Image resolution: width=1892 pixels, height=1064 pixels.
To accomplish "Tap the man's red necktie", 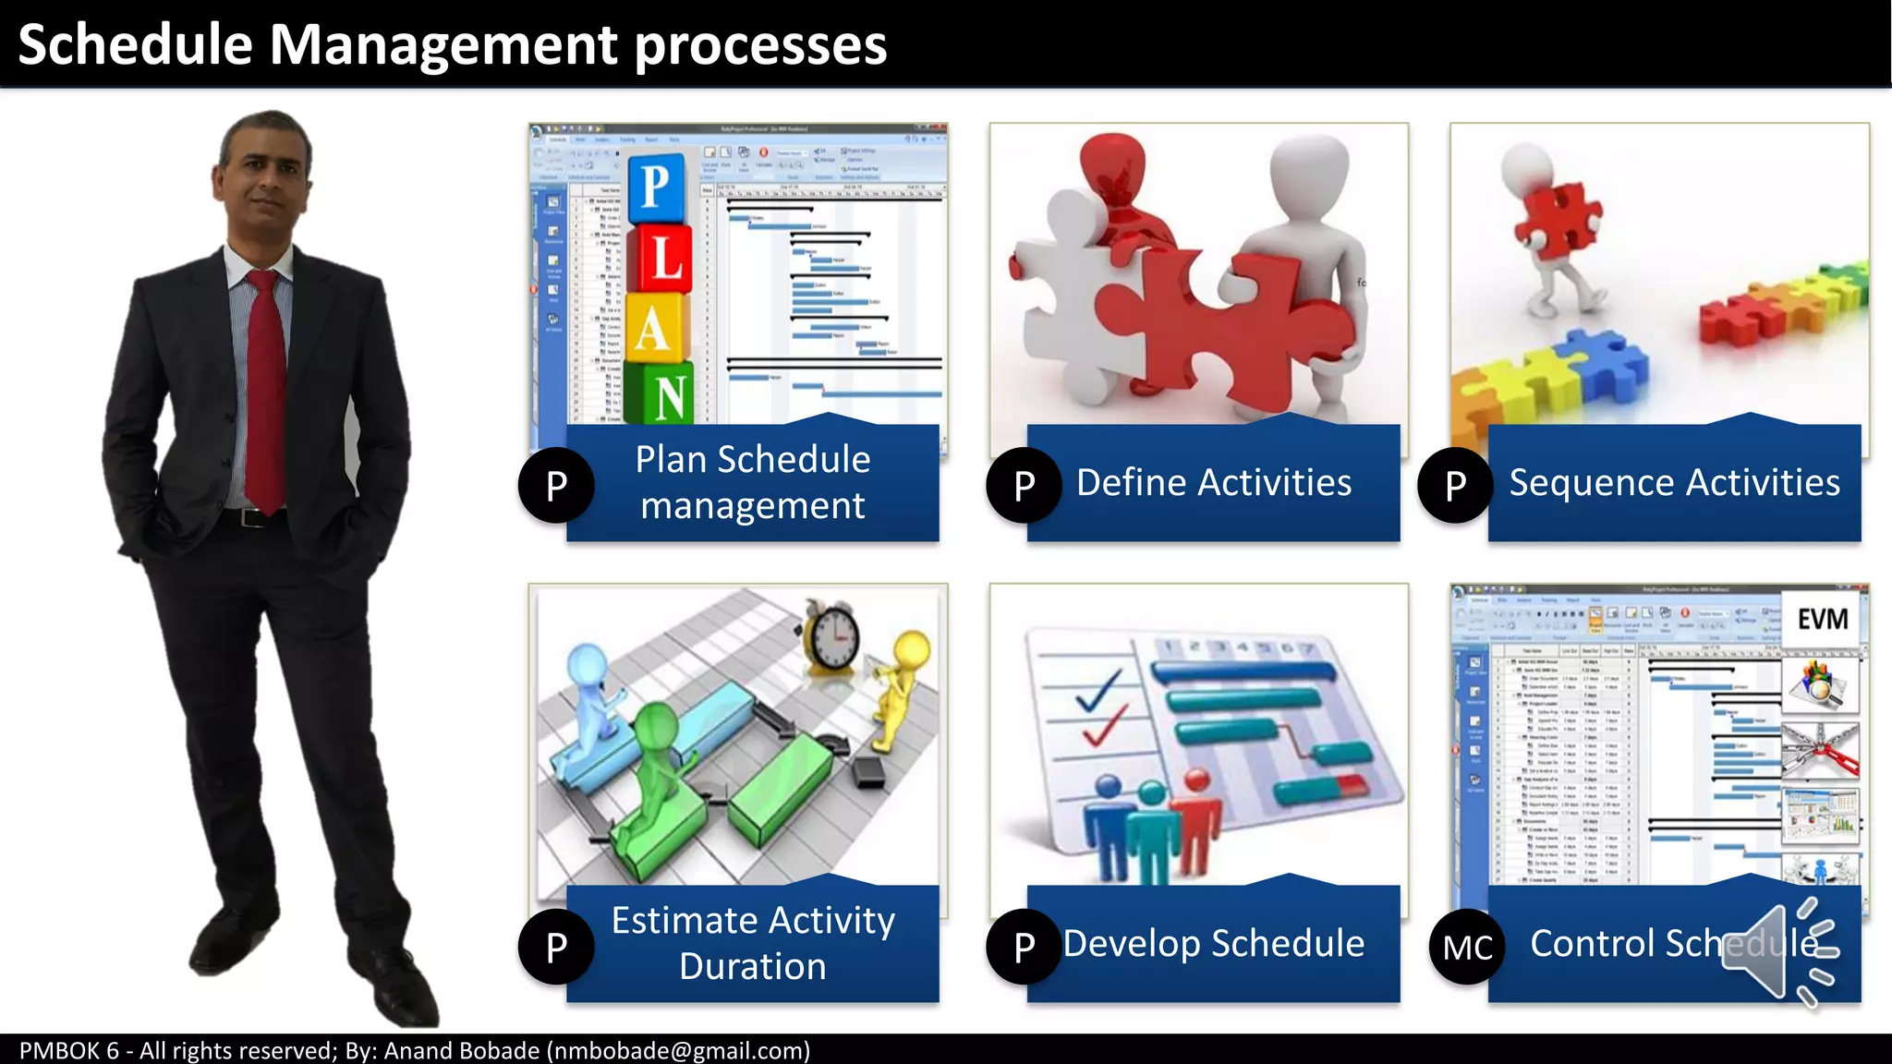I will pyautogui.click(x=266, y=388).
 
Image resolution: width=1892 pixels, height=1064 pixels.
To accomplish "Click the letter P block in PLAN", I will pyautogui.click(x=657, y=188).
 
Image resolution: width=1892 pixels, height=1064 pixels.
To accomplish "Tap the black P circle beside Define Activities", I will pyautogui.click(x=1024, y=486).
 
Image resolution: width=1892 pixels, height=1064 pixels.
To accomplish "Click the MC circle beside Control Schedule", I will pyautogui.click(x=1467, y=948).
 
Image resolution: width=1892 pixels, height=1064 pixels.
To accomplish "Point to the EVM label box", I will pyautogui.click(x=1821, y=619).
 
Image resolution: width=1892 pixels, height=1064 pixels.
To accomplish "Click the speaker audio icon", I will pyautogui.click(x=1778, y=951).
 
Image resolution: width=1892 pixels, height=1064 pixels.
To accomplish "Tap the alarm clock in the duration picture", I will pyautogui.click(x=832, y=636).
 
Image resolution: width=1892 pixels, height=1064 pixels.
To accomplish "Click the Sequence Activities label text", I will pyautogui.click(x=1674, y=483).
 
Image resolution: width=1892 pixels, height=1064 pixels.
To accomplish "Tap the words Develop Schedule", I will pyautogui.click(x=1213, y=944).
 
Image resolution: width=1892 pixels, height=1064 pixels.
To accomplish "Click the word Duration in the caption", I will pyautogui.click(x=753, y=967).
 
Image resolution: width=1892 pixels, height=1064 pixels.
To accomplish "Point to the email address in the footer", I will pyautogui.click(x=678, y=1051).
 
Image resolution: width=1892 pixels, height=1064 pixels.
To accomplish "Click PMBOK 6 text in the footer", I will pyautogui.click(x=69, y=1051).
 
